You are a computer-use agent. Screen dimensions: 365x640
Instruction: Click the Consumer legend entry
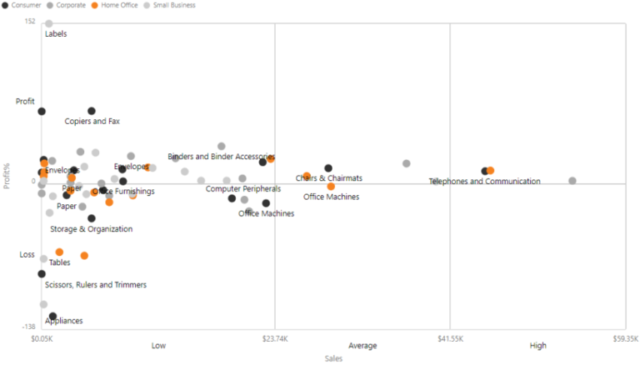pyautogui.click(x=25, y=5)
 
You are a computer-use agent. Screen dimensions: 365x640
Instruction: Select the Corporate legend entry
pyautogui.click(x=71, y=5)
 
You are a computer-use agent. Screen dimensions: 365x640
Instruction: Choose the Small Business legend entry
pyautogui.click(x=173, y=5)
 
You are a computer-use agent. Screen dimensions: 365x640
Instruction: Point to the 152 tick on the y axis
pyautogui.click(x=30, y=22)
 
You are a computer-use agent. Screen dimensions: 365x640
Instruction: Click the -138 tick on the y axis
pyautogui.click(x=27, y=327)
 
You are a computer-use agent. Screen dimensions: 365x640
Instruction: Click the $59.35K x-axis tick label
pyautogui.click(x=624, y=338)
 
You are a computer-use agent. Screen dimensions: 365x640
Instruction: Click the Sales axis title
pyautogui.click(x=334, y=358)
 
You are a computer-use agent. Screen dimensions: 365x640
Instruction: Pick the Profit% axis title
pyautogui.click(x=7, y=174)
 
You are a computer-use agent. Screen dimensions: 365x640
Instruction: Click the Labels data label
pyautogui.click(x=56, y=34)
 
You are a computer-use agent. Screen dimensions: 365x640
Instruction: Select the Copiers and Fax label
pyautogui.click(x=92, y=122)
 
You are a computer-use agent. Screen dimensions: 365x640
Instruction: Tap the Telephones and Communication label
pyautogui.click(x=484, y=182)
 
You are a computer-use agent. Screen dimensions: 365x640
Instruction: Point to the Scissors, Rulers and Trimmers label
pyautogui.click(x=96, y=285)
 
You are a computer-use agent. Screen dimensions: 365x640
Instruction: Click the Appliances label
pyautogui.click(x=64, y=321)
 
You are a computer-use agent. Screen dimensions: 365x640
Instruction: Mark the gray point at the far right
pyautogui.click(x=572, y=181)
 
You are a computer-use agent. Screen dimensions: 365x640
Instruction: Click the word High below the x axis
pyautogui.click(x=538, y=346)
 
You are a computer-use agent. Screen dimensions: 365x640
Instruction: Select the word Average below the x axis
pyautogui.click(x=362, y=346)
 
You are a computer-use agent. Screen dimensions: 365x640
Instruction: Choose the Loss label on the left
pyautogui.click(x=27, y=254)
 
